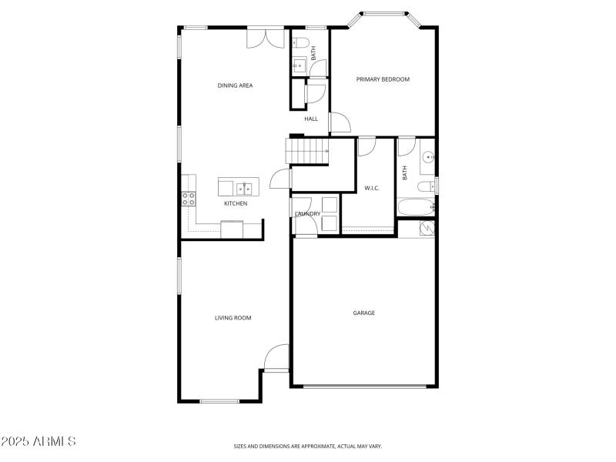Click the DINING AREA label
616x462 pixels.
(235, 85)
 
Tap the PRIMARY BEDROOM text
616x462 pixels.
(382, 79)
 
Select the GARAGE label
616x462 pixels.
(363, 313)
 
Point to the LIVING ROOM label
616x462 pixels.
(233, 317)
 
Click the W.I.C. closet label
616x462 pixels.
(372, 188)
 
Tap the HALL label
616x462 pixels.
(311, 119)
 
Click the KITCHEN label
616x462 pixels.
(236, 203)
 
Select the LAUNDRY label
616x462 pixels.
(307, 213)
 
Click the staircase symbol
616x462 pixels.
(306, 151)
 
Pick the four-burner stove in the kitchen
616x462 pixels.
(188, 199)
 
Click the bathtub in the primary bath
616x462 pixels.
(415, 207)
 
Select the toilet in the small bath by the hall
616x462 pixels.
(300, 42)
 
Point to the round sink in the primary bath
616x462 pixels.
(429, 158)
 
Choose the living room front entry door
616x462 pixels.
(276, 358)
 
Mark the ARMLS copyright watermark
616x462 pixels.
(38, 442)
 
